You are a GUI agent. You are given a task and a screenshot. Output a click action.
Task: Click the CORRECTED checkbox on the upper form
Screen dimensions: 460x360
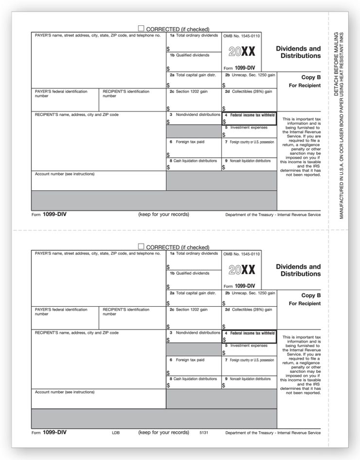(x=142, y=29)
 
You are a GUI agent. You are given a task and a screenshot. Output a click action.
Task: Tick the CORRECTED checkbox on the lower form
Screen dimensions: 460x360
(x=142, y=247)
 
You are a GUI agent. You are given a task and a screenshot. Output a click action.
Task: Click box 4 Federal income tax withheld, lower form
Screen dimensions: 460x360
(x=249, y=336)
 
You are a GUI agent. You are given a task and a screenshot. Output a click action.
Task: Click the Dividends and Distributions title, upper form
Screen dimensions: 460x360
(x=298, y=52)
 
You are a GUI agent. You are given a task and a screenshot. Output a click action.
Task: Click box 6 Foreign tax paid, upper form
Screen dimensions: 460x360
(x=194, y=148)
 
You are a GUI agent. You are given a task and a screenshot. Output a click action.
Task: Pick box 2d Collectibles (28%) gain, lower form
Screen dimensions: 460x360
(x=249, y=317)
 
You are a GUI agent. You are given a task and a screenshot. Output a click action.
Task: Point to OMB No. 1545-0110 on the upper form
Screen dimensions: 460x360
(x=242, y=36)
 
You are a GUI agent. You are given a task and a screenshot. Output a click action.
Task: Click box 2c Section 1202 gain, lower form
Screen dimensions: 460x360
(x=194, y=317)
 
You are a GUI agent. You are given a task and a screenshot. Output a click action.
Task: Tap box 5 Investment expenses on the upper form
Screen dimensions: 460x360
(x=249, y=131)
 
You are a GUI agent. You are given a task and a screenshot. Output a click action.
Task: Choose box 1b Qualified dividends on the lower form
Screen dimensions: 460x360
(x=194, y=280)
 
